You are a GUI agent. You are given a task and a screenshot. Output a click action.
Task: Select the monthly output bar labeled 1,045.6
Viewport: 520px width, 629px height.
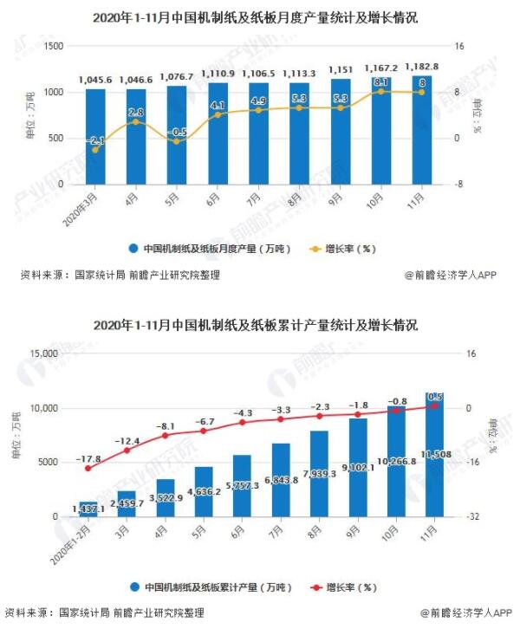95,139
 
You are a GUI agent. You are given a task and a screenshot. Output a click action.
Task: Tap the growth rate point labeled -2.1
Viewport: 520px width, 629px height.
95,150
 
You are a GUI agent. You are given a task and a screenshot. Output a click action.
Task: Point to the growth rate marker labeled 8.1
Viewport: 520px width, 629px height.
380,91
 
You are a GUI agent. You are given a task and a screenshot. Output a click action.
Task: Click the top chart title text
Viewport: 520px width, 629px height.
259,16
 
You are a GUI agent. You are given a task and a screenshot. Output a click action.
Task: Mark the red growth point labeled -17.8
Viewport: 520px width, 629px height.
88,469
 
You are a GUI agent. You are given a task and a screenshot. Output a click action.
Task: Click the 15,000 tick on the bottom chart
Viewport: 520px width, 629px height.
43,353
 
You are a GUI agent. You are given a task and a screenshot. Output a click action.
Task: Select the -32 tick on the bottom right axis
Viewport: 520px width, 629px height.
471,517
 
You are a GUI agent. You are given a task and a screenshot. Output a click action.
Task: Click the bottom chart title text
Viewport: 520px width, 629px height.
259,326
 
